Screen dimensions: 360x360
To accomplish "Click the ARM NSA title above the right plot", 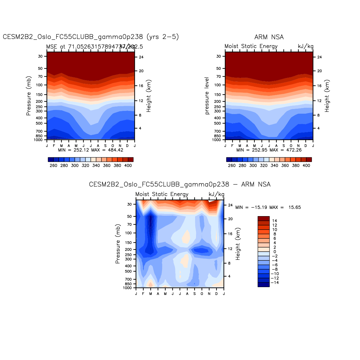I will click(x=269, y=37).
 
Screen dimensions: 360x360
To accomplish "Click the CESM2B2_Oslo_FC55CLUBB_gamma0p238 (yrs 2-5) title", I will click(x=91, y=37).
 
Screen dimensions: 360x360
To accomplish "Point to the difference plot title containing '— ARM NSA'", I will click(x=180, y=184).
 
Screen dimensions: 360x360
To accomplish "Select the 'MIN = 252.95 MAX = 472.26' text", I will click(x=269, y=150).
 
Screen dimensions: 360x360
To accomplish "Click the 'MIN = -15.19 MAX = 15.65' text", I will click(x=268, y=207).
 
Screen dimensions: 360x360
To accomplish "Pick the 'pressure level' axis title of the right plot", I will click(x=207, y=95).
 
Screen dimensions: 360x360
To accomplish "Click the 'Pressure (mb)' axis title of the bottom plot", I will click(x=118, y=244).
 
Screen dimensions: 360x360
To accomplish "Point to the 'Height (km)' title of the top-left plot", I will click(x=149, y=95).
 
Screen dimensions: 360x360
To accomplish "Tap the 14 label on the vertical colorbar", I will click(x=275, y=221).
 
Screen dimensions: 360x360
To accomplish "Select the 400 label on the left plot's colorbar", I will click(x=128, y=166).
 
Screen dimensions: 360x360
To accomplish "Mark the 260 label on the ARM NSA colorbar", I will click(x=232, y=166).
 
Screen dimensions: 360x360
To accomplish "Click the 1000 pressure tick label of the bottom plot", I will click(x=127, y=288).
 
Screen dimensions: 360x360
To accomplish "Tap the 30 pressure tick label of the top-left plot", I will click(x=40, y=56).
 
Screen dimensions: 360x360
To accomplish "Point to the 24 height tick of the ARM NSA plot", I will click(x=319, y=57).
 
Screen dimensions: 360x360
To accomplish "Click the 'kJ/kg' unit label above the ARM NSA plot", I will click(x=305, y=46).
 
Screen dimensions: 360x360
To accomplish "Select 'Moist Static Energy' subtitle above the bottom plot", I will click(x=162, y=194).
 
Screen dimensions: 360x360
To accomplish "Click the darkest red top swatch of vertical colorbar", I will click(x=264, y=218).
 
